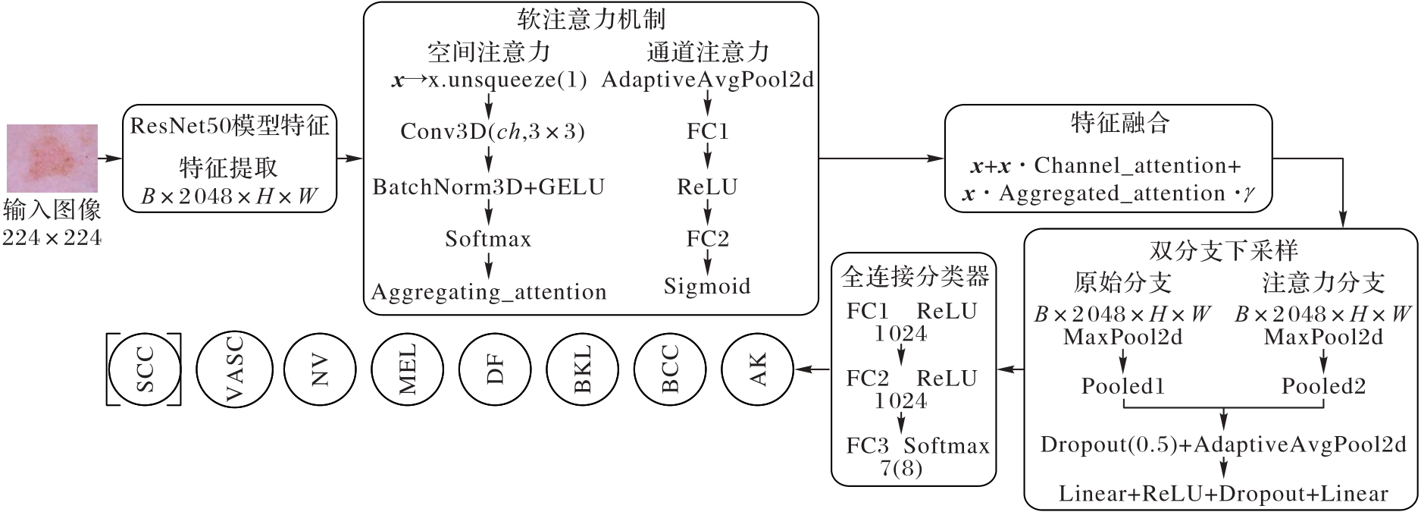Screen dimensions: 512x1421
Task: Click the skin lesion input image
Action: pos(52,158)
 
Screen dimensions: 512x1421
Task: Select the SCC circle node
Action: pos(144,369)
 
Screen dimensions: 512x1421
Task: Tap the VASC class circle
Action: pos(233,369)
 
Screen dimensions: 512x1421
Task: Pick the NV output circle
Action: pos(320,369)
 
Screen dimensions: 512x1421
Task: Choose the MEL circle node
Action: pos(407,369)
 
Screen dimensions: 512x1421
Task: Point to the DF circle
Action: pos(495,369)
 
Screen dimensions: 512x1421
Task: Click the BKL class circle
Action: pos(582,369)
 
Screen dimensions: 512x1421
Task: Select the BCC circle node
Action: pos(670,369)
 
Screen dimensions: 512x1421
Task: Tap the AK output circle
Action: pos(757,369)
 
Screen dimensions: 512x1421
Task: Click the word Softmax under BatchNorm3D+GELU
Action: pos(488,240)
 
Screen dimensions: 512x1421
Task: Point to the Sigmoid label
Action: pos(707,287)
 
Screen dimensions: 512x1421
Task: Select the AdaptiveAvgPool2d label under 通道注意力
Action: pos(707,80)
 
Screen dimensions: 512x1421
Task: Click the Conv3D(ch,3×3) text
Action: pos(493,132)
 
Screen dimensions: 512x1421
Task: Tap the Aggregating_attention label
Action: pos(489,292)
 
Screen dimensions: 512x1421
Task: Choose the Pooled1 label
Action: pos(1122,386)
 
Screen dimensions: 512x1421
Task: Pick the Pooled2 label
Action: pos(1323,386)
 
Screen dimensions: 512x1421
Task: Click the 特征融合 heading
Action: pos(1120,123)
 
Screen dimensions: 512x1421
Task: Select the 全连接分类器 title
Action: pos(915,277)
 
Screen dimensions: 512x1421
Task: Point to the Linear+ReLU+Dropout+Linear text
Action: pos(1223,494)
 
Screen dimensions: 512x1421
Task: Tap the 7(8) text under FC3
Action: pos(901,468)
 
